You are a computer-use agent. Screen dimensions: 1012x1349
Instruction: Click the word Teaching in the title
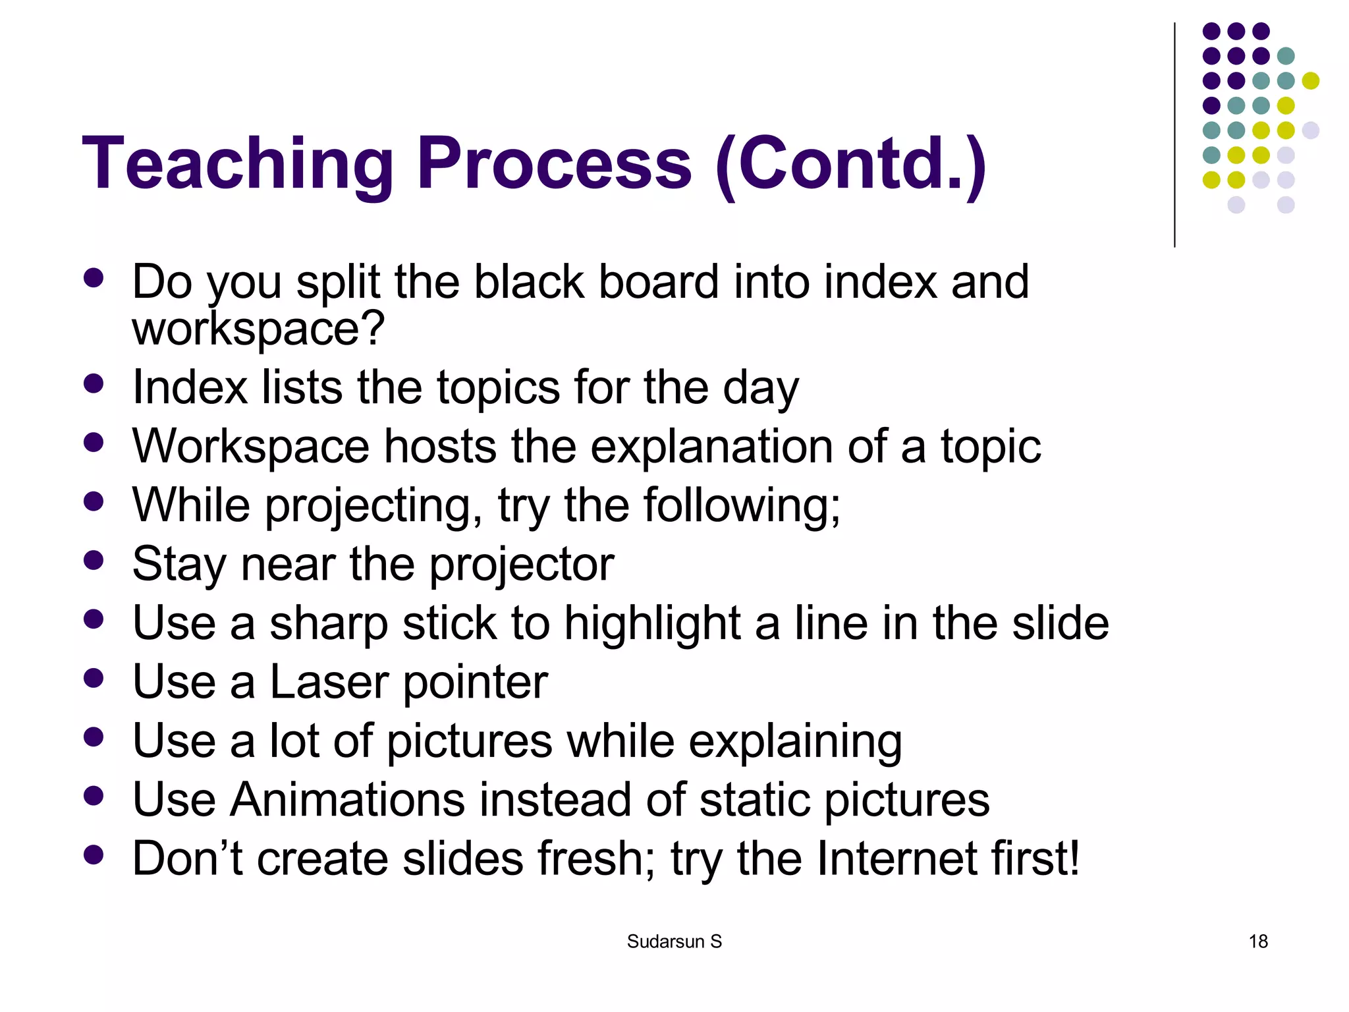tap(237, 163)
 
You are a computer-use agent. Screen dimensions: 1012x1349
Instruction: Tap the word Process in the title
tap(554, 163)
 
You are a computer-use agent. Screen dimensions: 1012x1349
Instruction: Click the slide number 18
tap(1258, 942)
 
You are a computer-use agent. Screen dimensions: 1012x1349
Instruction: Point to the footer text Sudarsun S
tap(674, 942)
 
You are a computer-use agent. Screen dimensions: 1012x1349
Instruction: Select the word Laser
tap(329, 682)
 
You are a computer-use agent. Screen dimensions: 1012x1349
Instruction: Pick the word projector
tap(522, 565)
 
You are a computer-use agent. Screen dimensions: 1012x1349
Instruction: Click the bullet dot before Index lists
tap(94, 383)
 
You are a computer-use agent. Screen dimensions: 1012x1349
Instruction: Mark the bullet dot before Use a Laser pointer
tap(94, 678)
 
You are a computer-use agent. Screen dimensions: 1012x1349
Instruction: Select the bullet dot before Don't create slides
tap(94, 855)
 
